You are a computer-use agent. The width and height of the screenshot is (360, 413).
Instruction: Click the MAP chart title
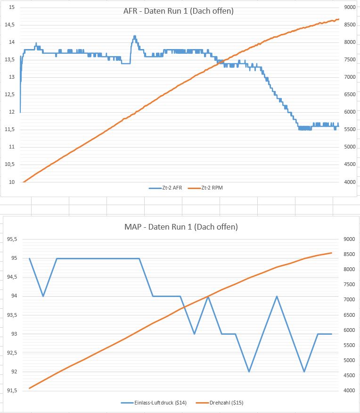tap(181, 227)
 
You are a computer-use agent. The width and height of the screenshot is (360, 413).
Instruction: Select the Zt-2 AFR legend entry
tap(166, 188)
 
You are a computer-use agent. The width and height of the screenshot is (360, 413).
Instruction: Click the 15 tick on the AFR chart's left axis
tap(12, 8)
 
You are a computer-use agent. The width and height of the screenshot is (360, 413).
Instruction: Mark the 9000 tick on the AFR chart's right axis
tap(349, 8)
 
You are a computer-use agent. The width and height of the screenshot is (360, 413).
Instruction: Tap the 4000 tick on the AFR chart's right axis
tap(349, 182)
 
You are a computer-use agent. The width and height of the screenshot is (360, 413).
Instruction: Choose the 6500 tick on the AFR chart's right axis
tap(349, 95)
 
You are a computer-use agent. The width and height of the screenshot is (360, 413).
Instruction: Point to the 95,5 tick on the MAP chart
tap(12, 239)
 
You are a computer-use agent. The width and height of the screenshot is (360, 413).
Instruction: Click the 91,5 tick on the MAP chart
tap(12, 391)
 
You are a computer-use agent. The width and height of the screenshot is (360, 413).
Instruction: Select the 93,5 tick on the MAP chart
tap(12, 315)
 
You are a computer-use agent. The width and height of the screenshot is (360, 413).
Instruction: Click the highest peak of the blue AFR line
tap(135, 36)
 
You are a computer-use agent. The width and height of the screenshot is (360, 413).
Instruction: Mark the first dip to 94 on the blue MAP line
tap(43, 296)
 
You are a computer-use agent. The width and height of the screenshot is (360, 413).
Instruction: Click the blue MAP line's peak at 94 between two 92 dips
tap(277, 296)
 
